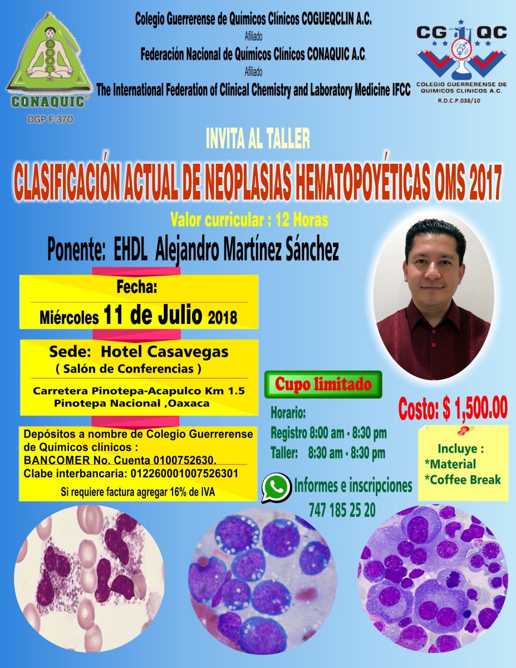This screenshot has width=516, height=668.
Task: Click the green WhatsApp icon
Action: click(x=276, y=488)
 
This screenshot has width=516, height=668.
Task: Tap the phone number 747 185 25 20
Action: click(x=342, y=510)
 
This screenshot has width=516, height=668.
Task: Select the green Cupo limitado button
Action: click(x=323, y=384)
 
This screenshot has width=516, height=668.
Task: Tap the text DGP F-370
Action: click(x=50, y=119)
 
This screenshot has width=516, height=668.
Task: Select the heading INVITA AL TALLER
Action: click(x=258, y=139)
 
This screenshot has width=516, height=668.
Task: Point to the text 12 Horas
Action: click(x=302, y=220)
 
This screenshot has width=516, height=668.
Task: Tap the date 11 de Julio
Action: click(x=153, y=315)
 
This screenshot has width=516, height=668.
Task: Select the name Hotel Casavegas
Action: click(x=165, y=352)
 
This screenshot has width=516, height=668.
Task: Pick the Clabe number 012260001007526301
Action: click(x=184, y=473)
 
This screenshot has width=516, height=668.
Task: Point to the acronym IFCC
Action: click(x=401, y=90)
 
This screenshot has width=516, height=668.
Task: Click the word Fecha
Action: click(x=137, y=287)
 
